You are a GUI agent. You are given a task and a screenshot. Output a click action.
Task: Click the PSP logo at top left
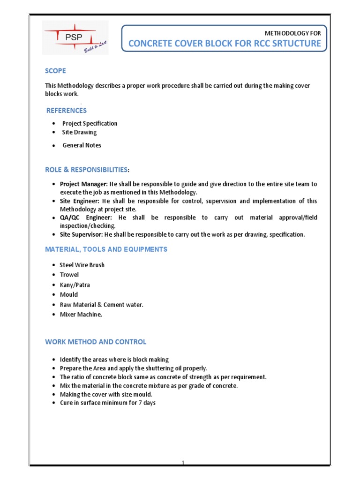[75, 37]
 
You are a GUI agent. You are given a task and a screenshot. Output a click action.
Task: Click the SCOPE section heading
[55, 71]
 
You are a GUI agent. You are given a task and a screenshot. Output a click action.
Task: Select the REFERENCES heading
[67, 111]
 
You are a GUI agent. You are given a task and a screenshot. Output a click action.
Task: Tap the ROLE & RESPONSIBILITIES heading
[86, 169]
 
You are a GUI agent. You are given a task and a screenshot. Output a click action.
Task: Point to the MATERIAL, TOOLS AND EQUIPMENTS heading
[106, 249]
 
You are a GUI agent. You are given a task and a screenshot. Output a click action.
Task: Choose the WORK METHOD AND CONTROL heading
[96, 342]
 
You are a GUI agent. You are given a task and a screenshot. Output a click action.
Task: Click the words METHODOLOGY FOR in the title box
[293, 33]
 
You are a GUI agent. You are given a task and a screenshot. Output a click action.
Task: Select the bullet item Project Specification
[90, 123]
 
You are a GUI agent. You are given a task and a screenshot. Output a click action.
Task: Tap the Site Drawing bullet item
[79, 132]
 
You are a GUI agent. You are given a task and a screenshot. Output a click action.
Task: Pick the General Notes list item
[82, 145]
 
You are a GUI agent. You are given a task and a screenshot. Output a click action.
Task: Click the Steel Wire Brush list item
[82, 265]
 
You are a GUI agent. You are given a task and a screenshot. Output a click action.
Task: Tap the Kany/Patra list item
[75, 285]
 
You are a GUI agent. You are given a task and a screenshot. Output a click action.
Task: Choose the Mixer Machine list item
[81, 315]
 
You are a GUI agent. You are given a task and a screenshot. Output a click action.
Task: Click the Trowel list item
[69, 275]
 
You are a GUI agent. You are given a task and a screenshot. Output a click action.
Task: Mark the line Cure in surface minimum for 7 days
[107, 403]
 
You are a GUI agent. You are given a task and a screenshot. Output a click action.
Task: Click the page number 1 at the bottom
[184, 463]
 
